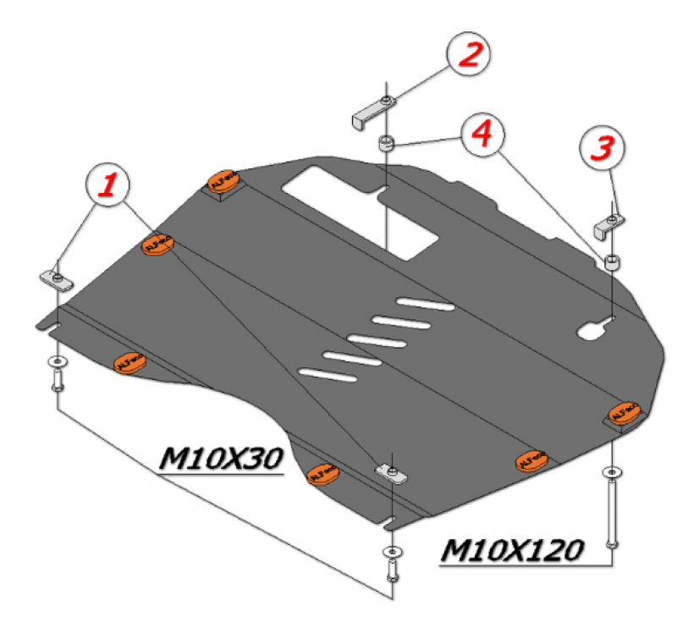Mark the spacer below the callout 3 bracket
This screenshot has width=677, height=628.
[613, 260]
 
